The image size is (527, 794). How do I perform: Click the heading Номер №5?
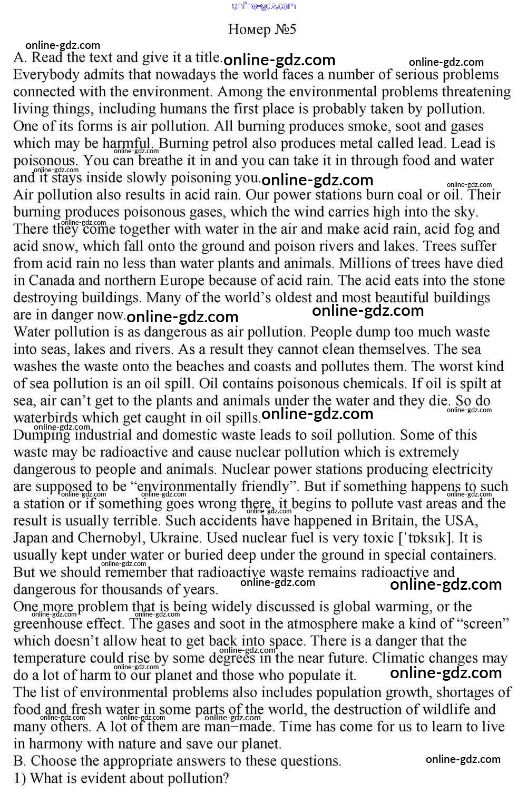pyautogui.click(x=262, y=29)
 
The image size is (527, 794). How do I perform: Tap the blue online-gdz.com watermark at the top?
pyautogui.click(x=263, y=6)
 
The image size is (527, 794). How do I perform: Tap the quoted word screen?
pyautogui.click(x=482, y=624)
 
